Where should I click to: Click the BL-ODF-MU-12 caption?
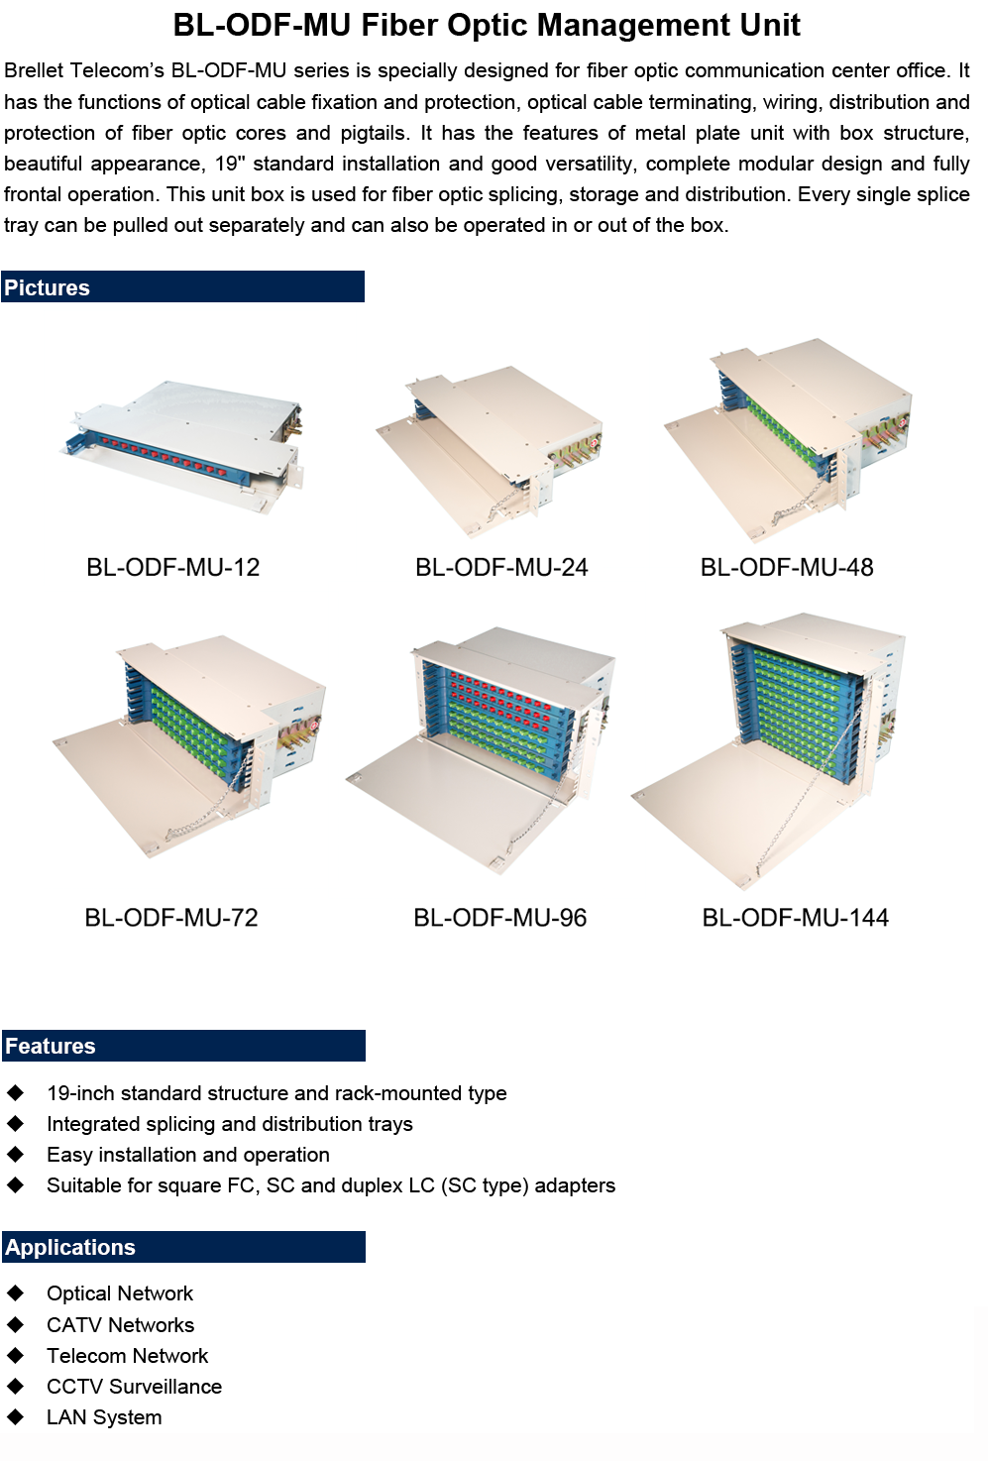172,567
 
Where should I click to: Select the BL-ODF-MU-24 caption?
501,567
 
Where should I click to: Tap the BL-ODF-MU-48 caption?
787,567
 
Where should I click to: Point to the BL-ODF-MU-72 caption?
171,917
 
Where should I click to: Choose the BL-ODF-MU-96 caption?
500,917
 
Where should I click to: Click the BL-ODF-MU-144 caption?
795,917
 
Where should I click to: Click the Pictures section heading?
47,287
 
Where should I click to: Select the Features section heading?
51,1046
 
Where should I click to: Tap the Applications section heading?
69,1247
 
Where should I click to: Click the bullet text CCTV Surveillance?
135,1386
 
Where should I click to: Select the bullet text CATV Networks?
121,1324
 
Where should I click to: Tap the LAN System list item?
104,1416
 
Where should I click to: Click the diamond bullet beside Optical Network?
15,1292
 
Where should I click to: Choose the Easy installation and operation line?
188,1155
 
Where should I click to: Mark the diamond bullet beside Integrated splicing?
15,1123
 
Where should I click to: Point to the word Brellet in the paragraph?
33,70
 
